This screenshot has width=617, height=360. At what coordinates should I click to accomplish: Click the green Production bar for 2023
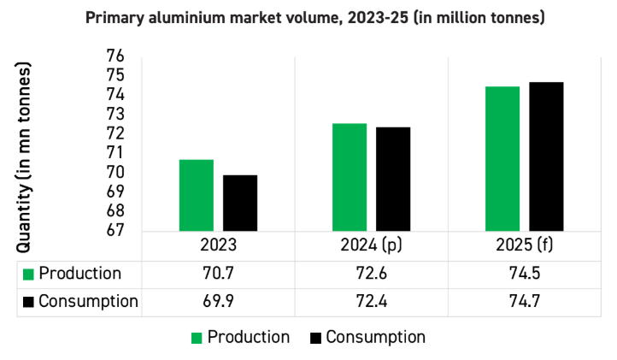(x=197, y=195)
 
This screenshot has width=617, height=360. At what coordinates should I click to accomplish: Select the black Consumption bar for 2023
(x=240, y=203)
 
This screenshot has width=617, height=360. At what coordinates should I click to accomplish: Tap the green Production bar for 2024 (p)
(x=350, y=177)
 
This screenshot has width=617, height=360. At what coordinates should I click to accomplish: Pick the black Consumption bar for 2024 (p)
(x=393, y=179)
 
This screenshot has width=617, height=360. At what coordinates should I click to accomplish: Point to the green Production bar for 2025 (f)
(x=502, y=158)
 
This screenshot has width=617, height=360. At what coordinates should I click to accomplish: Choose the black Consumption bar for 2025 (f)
(x=546, y=156)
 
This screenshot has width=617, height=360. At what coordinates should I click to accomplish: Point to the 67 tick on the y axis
(x=115, y=230)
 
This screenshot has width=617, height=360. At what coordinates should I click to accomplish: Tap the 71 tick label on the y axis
(x=115, y=152)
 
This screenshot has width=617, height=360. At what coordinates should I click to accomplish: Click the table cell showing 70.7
(x=218, y=274)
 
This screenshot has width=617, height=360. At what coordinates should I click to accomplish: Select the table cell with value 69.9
(x=218, y=301)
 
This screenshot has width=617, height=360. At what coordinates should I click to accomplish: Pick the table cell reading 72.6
(x=371, y=274)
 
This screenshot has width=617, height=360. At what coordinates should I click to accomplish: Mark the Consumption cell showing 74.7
(x=524, y=301)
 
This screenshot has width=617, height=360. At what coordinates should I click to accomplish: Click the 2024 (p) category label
(x=371, y=245)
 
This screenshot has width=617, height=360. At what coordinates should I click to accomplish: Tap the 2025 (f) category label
(x=524, y=245)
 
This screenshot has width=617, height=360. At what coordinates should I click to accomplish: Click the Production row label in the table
(x=79, y=274)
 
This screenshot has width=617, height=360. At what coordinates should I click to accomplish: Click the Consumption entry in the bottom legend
(x=375, y=337)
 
